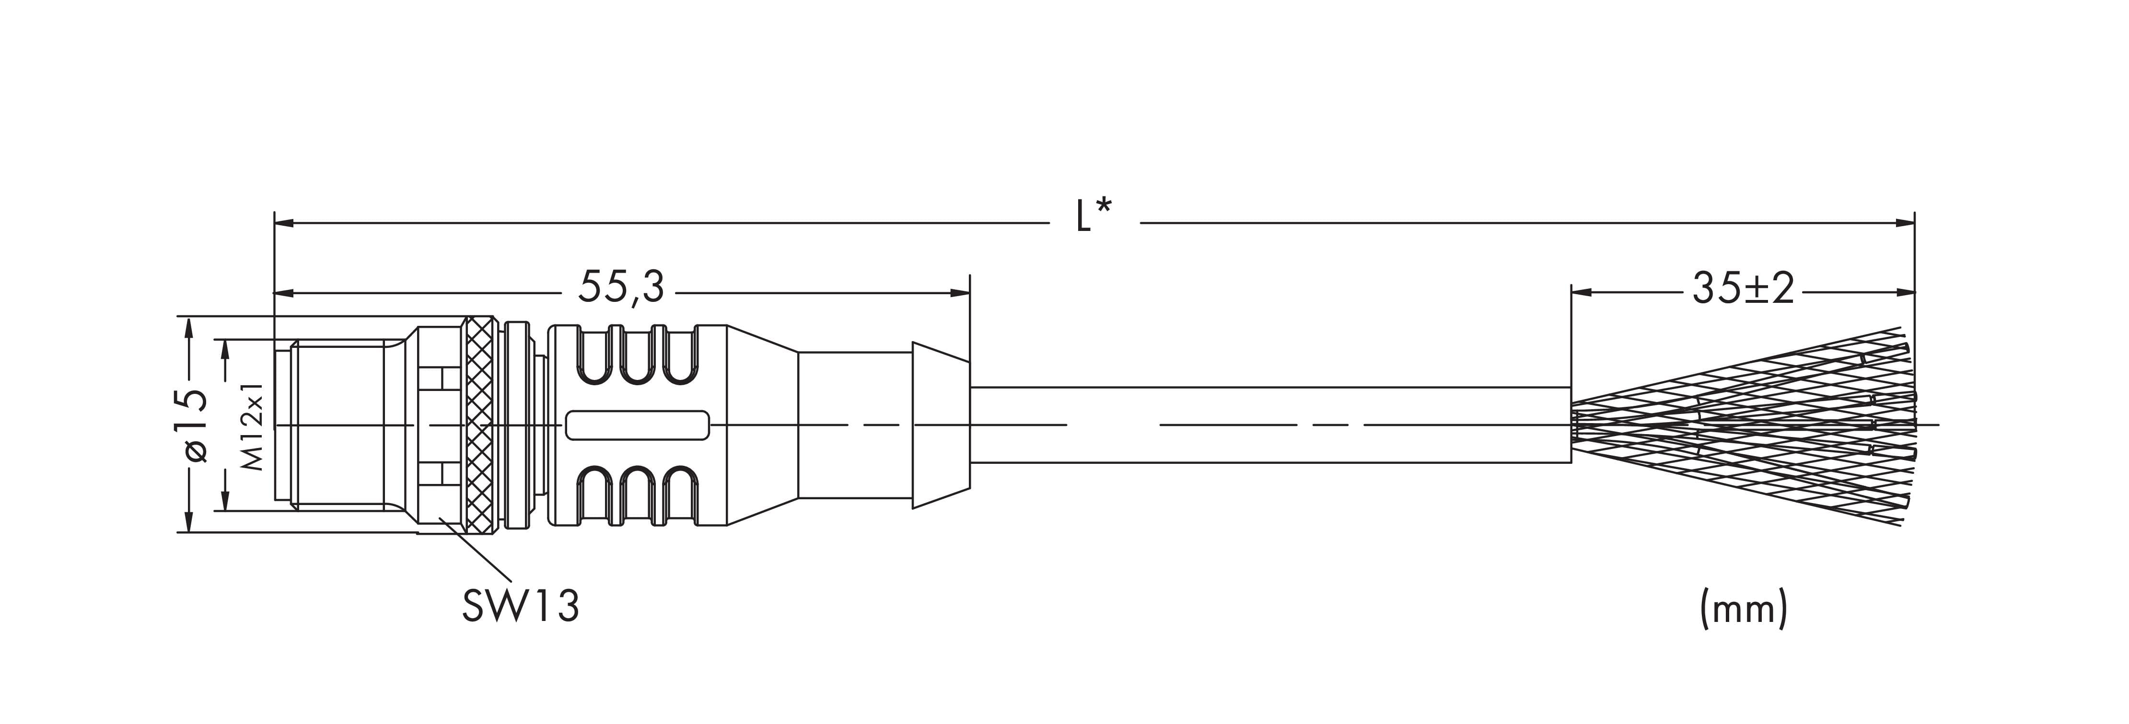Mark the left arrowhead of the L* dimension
pyautogui.click(x=283, y=222)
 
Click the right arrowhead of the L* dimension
pyautogui.click(x=1904, y=222)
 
